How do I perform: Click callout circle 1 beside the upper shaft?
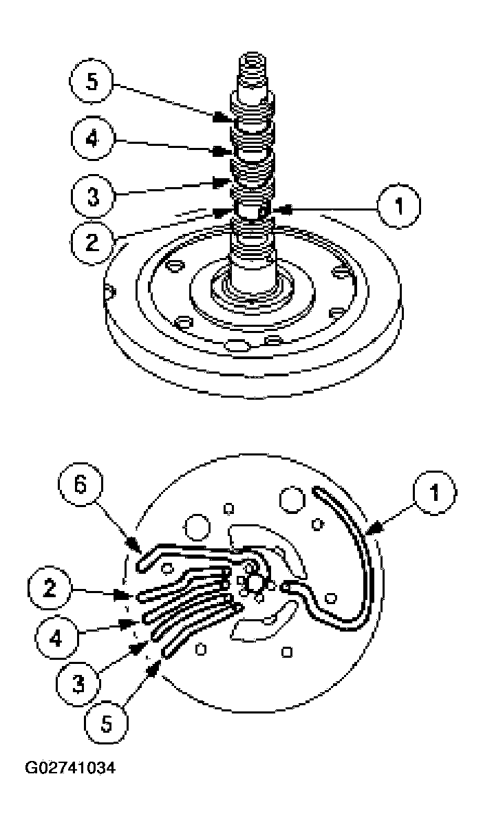tap(398, 206)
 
